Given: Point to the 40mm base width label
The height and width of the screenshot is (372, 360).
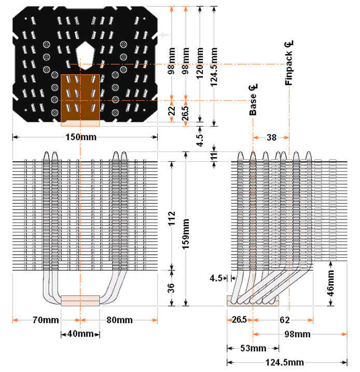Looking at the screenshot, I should click(80, 333).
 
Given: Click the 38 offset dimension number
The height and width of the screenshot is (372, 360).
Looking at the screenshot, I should click(271, 137).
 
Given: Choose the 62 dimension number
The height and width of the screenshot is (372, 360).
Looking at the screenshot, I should click(284, 320).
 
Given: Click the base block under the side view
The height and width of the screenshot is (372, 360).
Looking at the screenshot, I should click(252, 301).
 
